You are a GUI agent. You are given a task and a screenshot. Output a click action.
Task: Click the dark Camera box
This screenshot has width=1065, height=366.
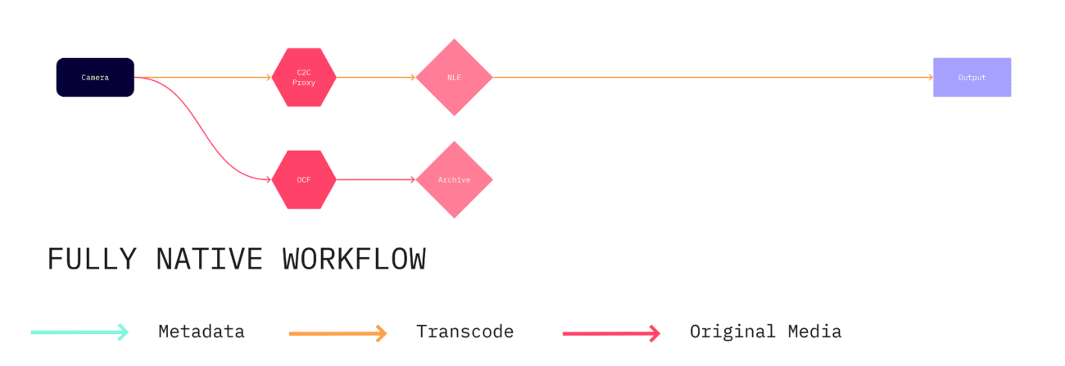(95, 78)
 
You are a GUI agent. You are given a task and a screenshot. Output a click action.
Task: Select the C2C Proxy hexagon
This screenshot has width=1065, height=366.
(304, 78)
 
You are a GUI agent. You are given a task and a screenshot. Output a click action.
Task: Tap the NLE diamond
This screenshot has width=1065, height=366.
(454, 78)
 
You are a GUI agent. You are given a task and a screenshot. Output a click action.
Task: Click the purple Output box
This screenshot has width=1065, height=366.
(972, 78)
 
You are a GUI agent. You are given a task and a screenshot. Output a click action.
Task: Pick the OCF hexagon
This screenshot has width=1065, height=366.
(304, 179)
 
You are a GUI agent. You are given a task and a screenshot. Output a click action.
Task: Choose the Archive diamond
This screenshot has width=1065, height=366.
(454, 179)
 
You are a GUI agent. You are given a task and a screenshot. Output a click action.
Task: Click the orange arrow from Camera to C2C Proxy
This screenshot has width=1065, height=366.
(205, 78)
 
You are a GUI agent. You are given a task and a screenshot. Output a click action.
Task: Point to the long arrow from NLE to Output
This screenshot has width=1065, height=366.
(713, 78)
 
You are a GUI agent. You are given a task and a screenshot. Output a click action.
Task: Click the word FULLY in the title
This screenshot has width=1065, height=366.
(92, 260)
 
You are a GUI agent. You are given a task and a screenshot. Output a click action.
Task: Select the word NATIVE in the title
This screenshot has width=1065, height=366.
(210, 260)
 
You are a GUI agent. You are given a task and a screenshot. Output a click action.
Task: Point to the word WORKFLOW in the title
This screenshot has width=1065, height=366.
(354, 260)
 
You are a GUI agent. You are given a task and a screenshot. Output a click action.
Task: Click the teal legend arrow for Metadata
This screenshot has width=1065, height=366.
(79, 332)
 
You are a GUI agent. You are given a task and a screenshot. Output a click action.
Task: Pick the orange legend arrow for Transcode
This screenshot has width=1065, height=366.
(338, 333)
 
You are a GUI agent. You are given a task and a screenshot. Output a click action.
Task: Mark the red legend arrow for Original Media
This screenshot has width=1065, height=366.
(611, 333)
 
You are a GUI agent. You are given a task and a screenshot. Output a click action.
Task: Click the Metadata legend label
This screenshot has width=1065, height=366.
(202, 332)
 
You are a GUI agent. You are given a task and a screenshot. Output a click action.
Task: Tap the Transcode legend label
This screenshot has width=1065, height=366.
(465, 332)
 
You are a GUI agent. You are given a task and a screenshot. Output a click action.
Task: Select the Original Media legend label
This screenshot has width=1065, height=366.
(765, 332)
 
